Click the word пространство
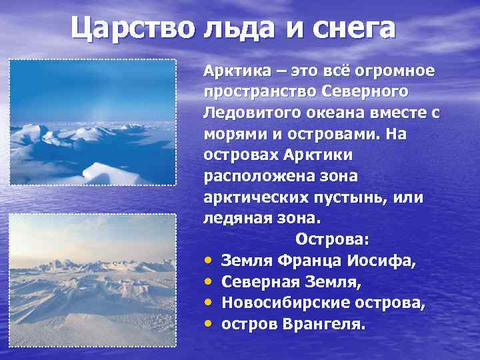261,90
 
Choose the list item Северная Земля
291,282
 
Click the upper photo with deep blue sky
93,122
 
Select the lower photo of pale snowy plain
93,279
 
